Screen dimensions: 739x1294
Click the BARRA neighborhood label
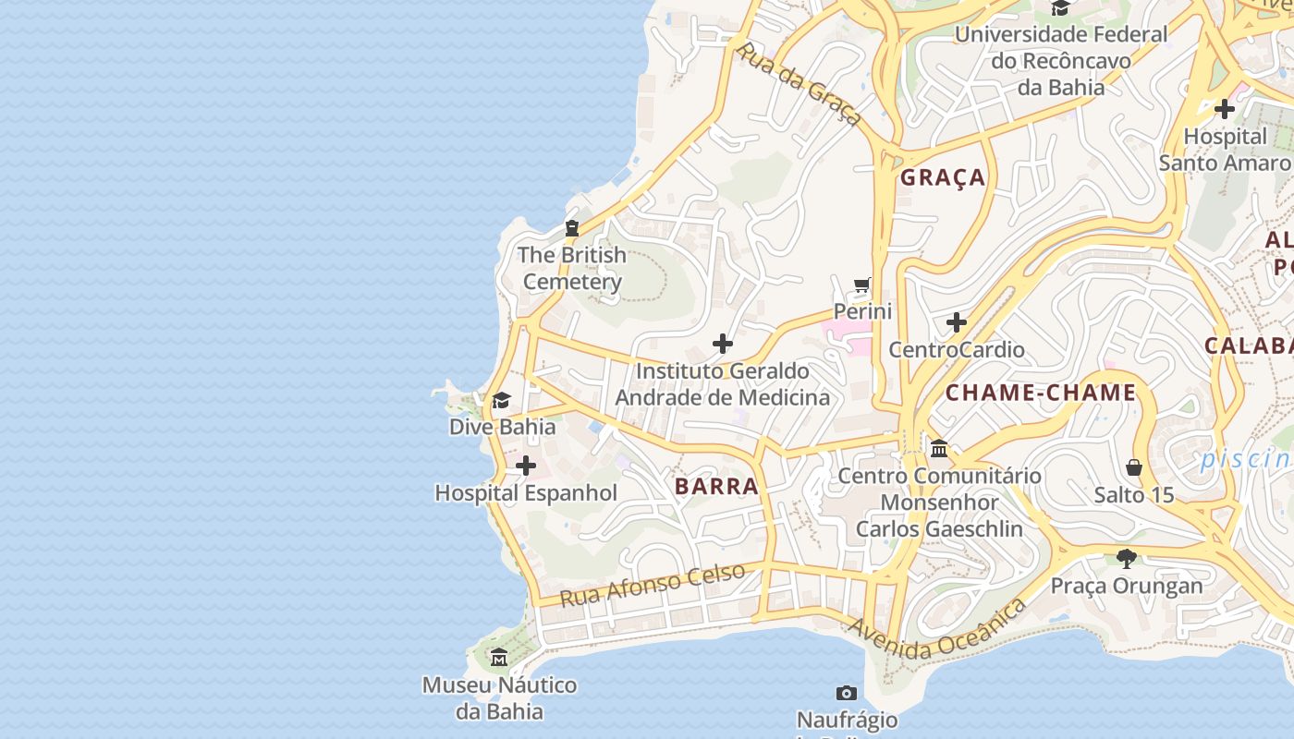[716, 486]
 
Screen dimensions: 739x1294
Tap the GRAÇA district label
[943, 177]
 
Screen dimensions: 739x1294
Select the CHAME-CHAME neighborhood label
[1040, 393]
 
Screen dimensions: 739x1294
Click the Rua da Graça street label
[800, 83]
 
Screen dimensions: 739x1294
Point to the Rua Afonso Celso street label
[653, 585]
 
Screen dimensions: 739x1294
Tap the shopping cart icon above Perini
[862, 285]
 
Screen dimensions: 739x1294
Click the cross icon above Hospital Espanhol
[526, 466]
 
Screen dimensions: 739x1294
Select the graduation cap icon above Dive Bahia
[501, 400]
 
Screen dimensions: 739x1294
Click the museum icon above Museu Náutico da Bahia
[500, 658]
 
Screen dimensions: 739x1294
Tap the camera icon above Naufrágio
[847, 693]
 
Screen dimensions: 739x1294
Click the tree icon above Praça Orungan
[1126, 558]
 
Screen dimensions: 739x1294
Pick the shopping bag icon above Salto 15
[1134, 467]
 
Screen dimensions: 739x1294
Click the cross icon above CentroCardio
[957, 322]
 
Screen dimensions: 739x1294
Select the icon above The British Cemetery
[572, 227]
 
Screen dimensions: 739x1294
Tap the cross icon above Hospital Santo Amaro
[1225, 109]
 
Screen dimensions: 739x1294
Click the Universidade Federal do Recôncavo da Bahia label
[1060, 61]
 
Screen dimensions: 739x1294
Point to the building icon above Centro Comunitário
[939, 448]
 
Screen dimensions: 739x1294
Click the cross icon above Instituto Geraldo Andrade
[723, 345]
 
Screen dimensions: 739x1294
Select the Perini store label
[862, 311]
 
